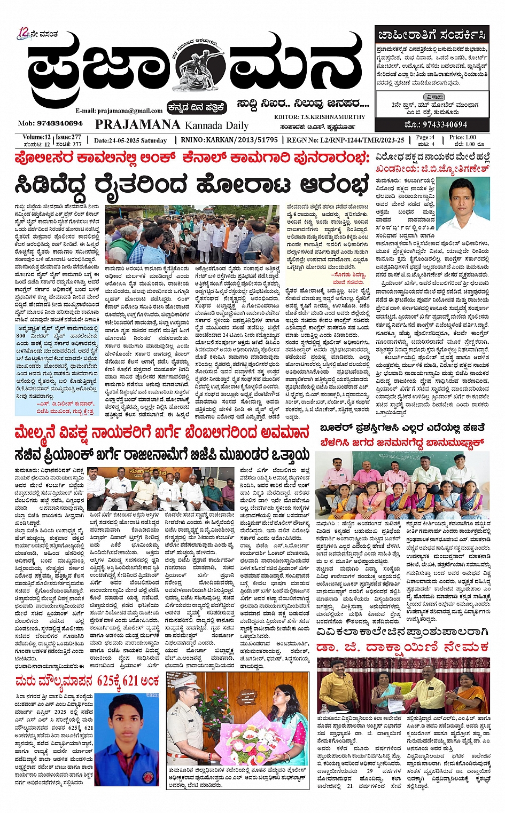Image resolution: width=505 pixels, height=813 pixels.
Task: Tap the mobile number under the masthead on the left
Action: pos(51,123)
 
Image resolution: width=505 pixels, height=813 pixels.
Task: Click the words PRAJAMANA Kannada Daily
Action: pos(172,125)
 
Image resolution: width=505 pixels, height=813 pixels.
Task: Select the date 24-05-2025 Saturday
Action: pos(130,140)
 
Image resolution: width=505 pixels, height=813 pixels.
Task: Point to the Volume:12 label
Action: pos(37,137)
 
